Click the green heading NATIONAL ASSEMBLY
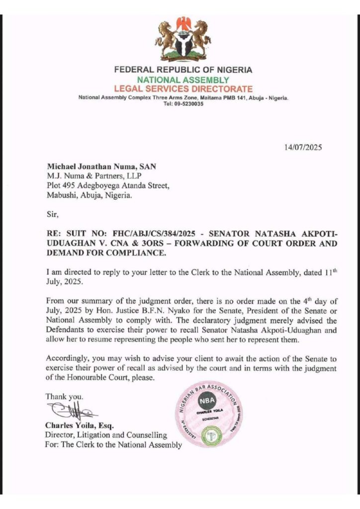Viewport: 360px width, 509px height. point(183,80)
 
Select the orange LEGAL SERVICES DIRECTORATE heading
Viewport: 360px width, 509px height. point(183,89)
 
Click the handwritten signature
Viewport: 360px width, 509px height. point(70,412)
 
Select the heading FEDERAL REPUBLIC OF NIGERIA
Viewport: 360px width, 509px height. point(183,71)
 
